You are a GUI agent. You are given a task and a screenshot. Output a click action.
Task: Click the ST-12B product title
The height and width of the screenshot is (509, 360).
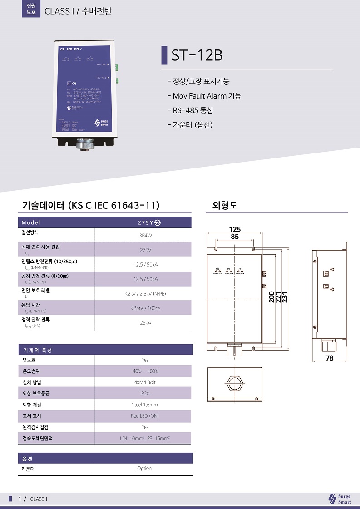coord(197,55)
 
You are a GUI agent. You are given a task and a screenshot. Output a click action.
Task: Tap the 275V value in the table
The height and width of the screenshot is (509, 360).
coord(145,250)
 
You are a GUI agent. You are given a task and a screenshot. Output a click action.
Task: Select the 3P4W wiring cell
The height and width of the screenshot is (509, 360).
coord(145,236)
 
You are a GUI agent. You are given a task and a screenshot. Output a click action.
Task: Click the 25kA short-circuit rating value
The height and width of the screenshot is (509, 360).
coord(145,323)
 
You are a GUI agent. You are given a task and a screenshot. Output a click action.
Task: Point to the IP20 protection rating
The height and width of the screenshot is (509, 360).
coord(145,394)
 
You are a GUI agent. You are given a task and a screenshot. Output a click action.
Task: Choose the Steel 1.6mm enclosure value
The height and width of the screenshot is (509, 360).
coord(145,405)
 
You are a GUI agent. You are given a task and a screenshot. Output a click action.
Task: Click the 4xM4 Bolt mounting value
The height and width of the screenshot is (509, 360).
coord(145,382)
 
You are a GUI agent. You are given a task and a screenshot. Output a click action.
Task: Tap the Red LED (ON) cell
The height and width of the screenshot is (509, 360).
coord(145,416)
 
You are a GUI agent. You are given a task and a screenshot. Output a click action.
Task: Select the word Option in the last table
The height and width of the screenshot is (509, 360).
coord(144,469)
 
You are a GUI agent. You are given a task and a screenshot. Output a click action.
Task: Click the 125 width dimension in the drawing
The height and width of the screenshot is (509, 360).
coord(235,230)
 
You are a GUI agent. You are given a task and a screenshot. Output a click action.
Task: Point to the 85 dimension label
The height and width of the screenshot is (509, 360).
coord(235,237)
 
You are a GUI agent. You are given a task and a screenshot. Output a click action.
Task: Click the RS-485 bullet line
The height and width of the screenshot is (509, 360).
coord(192,110)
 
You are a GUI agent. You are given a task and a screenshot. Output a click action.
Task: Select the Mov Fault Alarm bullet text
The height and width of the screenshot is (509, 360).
coord(207,96)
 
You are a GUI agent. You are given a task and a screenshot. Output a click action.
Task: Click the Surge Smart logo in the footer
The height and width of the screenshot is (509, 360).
coord(340,499)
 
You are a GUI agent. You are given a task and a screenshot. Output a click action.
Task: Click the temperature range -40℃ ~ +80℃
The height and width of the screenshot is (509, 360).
coord(145,371)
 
